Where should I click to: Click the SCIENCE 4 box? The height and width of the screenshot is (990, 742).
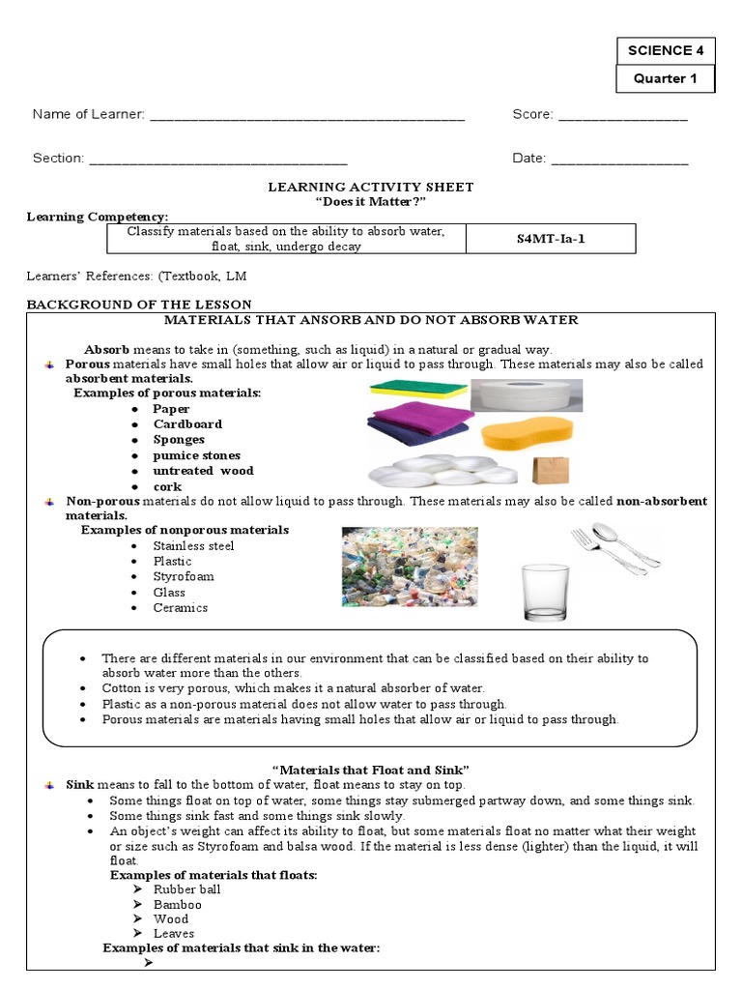pyautogui.click(x=666, y=51)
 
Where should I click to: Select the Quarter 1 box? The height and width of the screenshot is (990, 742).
pyautogui.click(x=666, y=79)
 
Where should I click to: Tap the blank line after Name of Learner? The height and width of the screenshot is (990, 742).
pyautogui.click(x=307, y=117)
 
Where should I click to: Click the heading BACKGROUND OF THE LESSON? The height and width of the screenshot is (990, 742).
pyautogui.click(x=138, y=305)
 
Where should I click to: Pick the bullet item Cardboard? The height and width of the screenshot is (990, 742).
pyautogui.click(x=187, y=424)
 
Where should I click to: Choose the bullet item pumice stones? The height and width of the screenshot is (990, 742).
pyautogui.click(x=197, y=455)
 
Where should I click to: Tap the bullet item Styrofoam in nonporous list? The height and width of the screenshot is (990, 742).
pyautogui.click(x=184, y=577)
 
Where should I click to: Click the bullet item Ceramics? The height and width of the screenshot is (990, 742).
pyautogui.click(x=181, y=608)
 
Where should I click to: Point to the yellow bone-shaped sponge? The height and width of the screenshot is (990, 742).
pyautogui.click(x=527, y=433)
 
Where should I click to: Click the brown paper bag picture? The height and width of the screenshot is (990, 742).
pyautogui.click(x=551, y=470)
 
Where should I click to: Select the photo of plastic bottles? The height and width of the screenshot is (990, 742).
pyautogui.click(x=409, y=567)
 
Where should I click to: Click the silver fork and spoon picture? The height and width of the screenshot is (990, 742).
pyautogui.click(x=614, y=547)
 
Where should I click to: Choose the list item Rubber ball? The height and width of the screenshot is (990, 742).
pyautogui.click(x=187, y=889)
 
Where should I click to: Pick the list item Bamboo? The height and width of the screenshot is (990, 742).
pyautogui.click(x=178, y=904)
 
